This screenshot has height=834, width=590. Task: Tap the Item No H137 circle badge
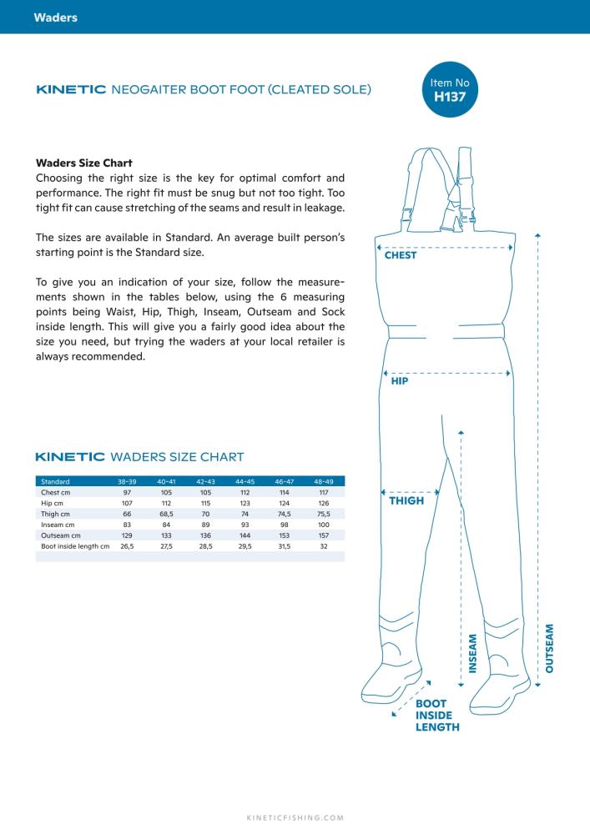point(450,89)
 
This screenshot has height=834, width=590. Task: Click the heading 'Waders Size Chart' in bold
point(84,163)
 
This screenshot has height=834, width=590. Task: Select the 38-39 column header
point(127,481)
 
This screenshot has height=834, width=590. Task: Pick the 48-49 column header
point(324,481)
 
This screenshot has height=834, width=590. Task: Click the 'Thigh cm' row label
point(55,514)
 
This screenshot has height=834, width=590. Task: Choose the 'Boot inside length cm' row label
point(75,546)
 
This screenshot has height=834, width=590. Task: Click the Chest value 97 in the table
point(127,493)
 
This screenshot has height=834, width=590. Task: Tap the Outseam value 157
point(324,535)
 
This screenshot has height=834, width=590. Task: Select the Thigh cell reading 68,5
point(167,514)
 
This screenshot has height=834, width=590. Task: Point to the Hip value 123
point(245,503)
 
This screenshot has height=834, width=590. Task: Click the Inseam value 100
point(324,525)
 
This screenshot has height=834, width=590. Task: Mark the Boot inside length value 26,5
point(127,546)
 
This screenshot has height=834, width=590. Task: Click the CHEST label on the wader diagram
point(401,255)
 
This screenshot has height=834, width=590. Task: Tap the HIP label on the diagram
point(400,381)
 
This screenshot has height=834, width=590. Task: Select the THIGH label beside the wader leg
point(406,500)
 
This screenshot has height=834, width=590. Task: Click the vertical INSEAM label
point(472,654)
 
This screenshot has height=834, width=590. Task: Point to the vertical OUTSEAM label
point(550,648)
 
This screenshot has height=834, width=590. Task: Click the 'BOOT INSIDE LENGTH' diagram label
point(437,716)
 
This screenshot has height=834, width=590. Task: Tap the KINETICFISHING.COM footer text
point(295,818)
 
